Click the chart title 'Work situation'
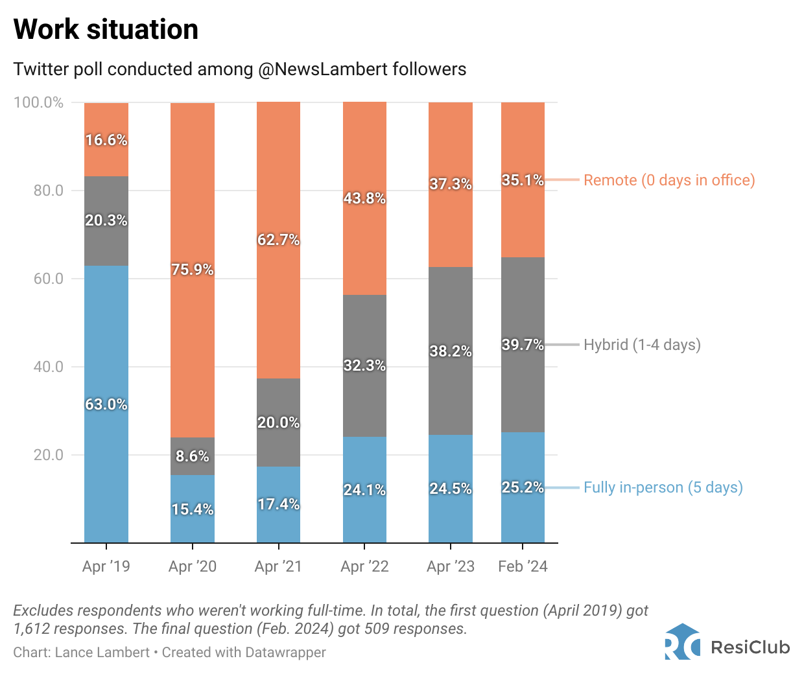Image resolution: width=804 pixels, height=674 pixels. [106, 30]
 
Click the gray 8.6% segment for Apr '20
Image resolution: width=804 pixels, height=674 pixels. [193, 456]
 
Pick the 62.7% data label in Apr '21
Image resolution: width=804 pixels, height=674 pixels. [278, 240]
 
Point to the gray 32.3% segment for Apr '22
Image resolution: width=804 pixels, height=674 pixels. [364, 389]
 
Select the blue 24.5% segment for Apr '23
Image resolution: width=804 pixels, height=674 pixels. [451, 512]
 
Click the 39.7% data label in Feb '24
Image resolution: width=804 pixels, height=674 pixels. [523, 345]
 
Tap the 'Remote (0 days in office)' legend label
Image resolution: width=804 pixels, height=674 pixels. [669, 180]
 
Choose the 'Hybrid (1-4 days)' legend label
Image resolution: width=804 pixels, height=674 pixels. [642, 345]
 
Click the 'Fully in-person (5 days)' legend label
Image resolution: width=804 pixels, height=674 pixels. [663, 487]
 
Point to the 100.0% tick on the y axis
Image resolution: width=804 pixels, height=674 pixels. [39, 102]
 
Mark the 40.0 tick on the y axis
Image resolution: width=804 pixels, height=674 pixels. [49, 367]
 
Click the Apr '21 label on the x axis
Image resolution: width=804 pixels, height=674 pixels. [278, 566]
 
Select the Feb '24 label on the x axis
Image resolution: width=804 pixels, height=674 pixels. [523, 566]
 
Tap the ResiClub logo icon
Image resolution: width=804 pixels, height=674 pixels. [682, 642]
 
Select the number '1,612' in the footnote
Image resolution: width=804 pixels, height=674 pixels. [31, 629]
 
